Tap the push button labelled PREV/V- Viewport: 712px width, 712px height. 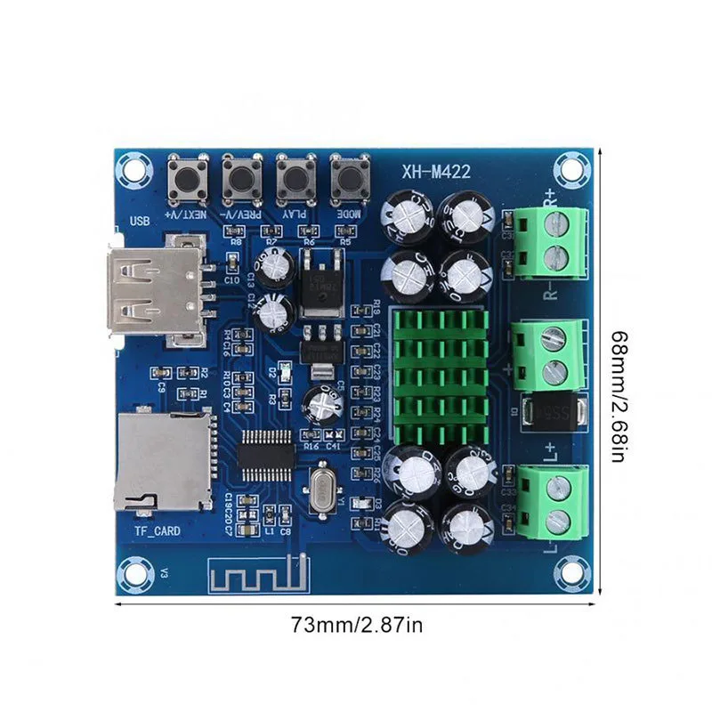click(241, 177)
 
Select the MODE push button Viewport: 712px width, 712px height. click(350, 177)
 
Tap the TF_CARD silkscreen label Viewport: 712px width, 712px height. click(158, 531)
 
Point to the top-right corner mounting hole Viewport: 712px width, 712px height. click(567, 167)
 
